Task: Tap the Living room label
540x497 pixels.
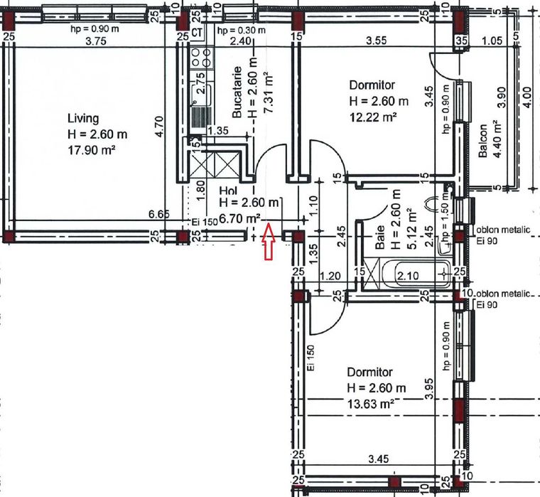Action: point(83,118)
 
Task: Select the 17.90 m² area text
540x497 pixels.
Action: point(90,150)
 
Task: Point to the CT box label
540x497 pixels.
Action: point(198,33)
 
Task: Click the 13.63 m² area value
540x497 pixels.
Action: point(372,403)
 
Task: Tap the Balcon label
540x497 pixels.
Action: point(483,144)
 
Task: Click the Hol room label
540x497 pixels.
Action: point(227,191)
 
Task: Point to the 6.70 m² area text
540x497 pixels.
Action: point(239,218)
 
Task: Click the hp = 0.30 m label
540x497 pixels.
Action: point(242,31)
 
